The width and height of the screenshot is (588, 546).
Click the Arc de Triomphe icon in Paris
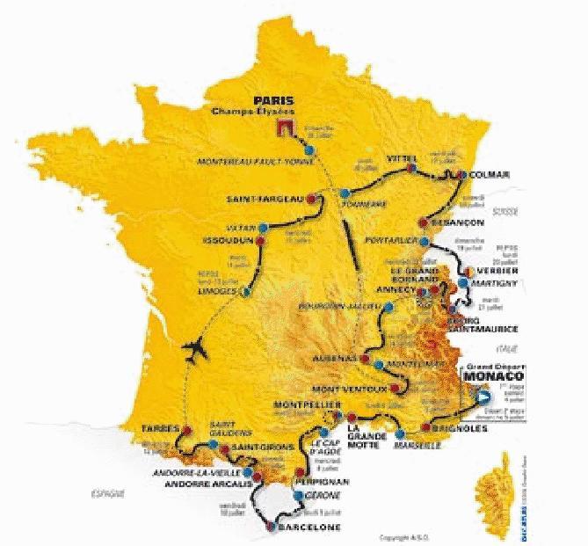(x=284, y=130)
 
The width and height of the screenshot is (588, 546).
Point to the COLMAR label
(x=490, y=174)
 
